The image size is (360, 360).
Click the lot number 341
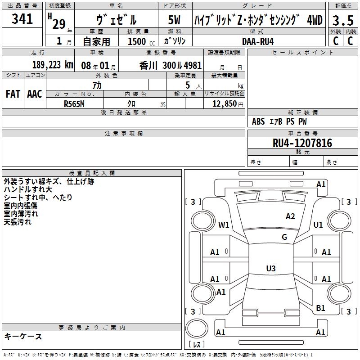coord(22,18)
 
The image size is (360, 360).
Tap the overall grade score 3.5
coord(343,20)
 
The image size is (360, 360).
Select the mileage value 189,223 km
coord(53,65)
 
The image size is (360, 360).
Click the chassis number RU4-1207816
coord(302,143)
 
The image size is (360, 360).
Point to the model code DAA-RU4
coord(258,41)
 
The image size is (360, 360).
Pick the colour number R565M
coord(74,104)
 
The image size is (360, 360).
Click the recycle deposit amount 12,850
coord(225,104)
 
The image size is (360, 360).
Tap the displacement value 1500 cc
coord(141,41)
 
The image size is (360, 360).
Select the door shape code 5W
coord(174,20)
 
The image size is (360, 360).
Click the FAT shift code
coord(13,94)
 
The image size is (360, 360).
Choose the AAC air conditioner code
coord(35,94)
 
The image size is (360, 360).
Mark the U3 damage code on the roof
coord(271,268)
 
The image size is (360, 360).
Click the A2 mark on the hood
coord(290,216)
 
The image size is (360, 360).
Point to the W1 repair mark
coord(224,225)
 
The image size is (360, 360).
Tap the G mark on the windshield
coord(284,237)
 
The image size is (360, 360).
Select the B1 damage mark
coord(320,308)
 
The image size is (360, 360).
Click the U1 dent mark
coord(318,225)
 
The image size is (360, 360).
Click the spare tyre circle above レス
coord(197,328)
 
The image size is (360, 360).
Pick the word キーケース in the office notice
coord(23,336)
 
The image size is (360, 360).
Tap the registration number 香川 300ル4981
coord(171,66)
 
